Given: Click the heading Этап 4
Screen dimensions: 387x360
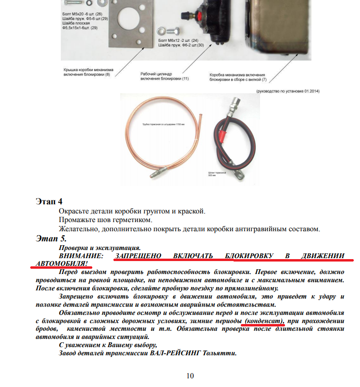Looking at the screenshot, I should pos(49,201).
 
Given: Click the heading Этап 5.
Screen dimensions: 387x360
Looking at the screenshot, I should pos(51,238).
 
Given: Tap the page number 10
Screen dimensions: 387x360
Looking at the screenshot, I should pos(190,375).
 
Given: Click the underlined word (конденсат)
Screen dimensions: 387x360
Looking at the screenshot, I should pos(264,321).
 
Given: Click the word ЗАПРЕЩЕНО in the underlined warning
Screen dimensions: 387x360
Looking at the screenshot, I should pos(137,256).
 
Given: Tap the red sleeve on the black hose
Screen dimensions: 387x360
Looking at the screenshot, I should pos(221,141).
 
